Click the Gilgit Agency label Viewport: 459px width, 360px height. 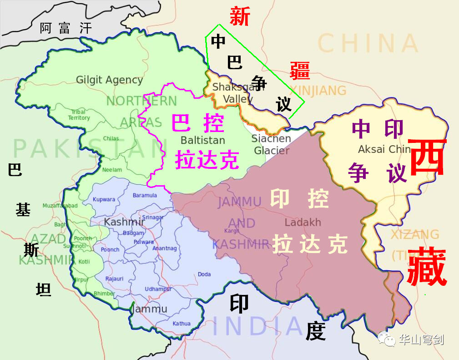tap(109, 80)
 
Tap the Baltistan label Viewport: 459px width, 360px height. tap(203, 139)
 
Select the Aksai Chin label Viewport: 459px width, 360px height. tap(384, 149)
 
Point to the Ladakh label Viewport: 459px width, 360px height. tap(303, 223)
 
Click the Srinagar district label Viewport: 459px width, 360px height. tap(153, 217)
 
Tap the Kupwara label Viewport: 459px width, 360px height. tap(104, 199)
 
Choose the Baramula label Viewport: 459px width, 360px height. tap(145, 196)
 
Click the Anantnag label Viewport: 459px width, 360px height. tap(165, 248)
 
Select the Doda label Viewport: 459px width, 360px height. tap(204, 274)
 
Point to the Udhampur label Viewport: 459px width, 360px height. tap(158, 289)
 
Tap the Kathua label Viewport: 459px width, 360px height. tap(182, 324)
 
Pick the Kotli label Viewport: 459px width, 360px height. tap(84, 262)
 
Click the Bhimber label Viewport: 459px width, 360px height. tap(104, 294)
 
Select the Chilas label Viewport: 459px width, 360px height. tap(111, 138)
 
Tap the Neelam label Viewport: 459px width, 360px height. tap(112, 170)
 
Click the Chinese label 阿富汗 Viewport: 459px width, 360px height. tap(66, 28)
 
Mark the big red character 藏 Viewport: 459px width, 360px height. tap(426, 267)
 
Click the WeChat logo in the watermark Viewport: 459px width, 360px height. tap(387, 339)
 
